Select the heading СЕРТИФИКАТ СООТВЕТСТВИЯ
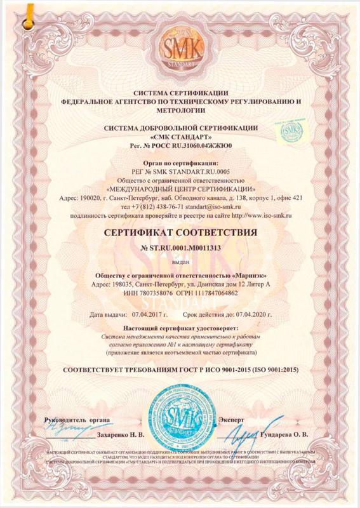[x=180, y=234]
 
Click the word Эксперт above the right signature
[x=230, y=420]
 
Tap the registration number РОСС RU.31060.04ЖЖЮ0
[x=189, y=146]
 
